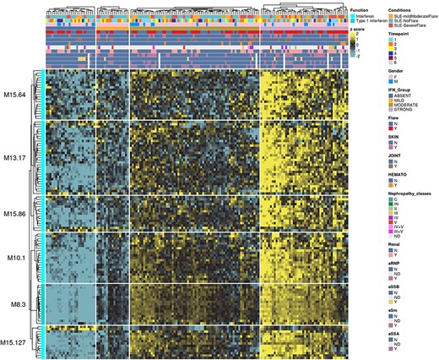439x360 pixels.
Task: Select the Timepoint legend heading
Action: click(x=409, y=35)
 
